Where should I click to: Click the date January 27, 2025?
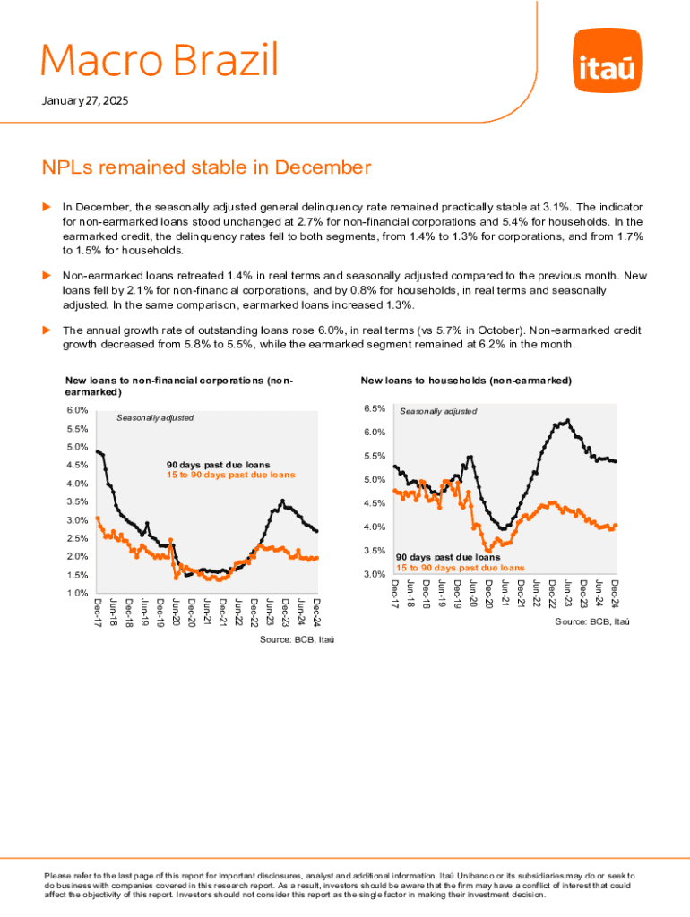[x=85, y=101]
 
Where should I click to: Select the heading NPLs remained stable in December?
[x=206, y=167]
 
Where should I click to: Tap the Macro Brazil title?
[x=160, y=61]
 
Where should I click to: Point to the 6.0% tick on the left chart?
[x=77, y=410]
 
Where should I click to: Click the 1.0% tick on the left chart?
[x=77, y=593]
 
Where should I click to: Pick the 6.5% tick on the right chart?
[x=374, y=408]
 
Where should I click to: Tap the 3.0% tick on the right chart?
[x=374, y=574]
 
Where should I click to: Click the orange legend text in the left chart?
[x=230, y=475]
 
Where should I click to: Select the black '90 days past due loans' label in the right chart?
[x=448, y=557]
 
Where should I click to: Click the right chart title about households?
[x=466, y=381]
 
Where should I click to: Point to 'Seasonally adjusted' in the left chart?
[x=156, y=418]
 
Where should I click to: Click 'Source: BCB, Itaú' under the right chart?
[x=589, y=621]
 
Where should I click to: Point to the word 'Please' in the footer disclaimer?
[x=56, y=875]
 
